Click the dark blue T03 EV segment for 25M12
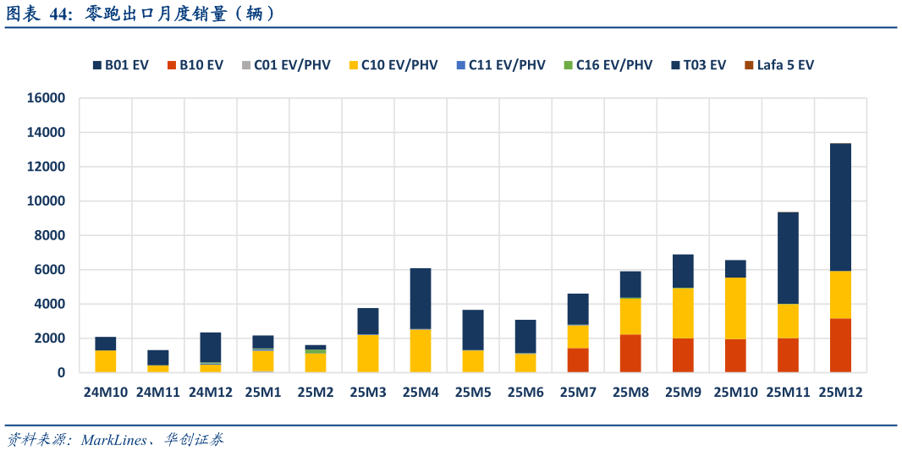pos(840,207)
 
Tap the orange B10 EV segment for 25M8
pos(630,353)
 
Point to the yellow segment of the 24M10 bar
pos(106,360)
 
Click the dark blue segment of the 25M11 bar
pos(788,258)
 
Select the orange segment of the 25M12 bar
pos(840,345)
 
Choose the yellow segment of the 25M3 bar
pos(368,353)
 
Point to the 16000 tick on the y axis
pos(46,98)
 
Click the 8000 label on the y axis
pos(49,235)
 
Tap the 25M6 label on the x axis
pos(525,393)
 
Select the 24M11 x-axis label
pos(158,393)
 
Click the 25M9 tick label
pos(683,393)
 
